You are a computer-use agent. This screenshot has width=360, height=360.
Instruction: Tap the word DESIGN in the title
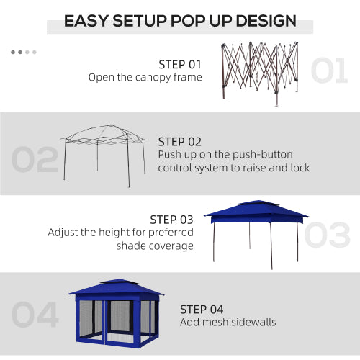[266, 20]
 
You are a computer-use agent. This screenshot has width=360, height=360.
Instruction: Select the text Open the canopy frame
[145, 77]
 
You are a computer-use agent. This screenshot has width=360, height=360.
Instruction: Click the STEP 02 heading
[180, 142]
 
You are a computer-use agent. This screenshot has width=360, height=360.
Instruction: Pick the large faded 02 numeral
[35, 160]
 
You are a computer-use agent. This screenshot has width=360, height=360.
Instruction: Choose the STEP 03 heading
[171, 219]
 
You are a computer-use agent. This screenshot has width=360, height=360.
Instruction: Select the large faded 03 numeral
[328, 235]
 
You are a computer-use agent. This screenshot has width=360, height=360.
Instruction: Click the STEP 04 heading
[202, 310]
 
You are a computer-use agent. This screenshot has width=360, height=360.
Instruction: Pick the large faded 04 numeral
[35, 315]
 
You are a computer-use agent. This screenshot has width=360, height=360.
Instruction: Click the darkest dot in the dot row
[14, 52]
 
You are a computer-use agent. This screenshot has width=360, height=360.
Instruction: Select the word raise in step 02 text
[263, 168]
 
